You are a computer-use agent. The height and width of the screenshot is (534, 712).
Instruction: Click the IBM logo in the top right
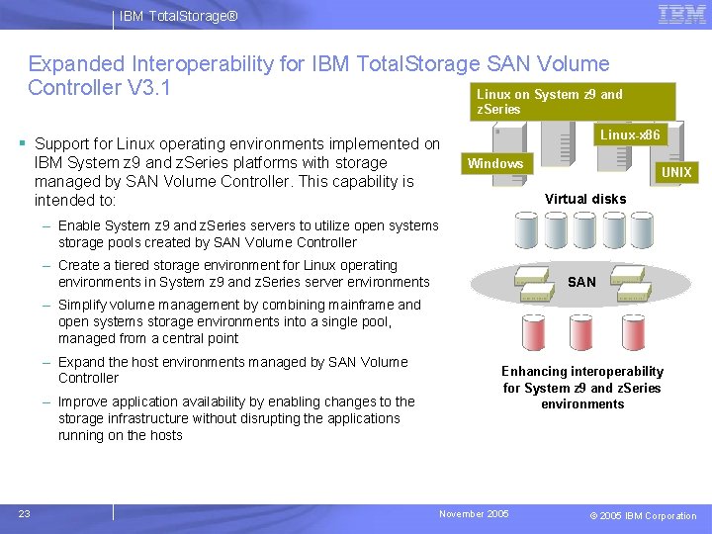point(681,15)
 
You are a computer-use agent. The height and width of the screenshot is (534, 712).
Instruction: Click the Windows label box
point(495,163)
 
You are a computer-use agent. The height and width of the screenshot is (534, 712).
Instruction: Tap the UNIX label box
point(676,172)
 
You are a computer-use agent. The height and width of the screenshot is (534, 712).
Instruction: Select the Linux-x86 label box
point(630,134)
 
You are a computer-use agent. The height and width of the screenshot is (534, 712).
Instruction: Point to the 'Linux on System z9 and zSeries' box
point(571,102)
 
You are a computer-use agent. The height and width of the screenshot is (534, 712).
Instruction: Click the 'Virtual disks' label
point(585,199)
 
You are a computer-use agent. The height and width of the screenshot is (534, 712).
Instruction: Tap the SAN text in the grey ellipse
point(581,282)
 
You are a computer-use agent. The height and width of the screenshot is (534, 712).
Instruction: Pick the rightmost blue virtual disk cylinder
point(642,230)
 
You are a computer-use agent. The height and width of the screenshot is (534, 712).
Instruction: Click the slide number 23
point(24,513)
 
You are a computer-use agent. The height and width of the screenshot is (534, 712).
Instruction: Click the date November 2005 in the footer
point(475,514)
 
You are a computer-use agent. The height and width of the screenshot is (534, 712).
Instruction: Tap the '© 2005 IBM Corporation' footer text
point(643,515)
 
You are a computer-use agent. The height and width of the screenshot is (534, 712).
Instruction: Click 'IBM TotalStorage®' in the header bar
point(178,17)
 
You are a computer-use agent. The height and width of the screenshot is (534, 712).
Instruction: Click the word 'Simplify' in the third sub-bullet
point(84,305)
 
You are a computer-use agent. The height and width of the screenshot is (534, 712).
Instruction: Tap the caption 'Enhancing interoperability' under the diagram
point(582,371)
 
